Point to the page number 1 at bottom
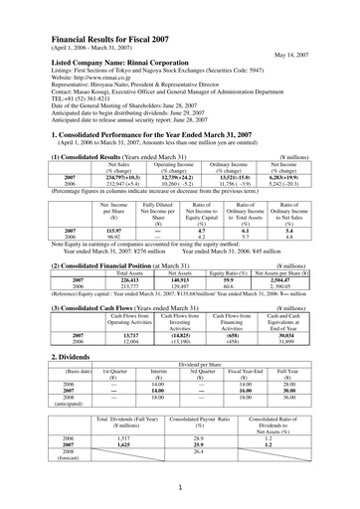coord(180,489)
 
